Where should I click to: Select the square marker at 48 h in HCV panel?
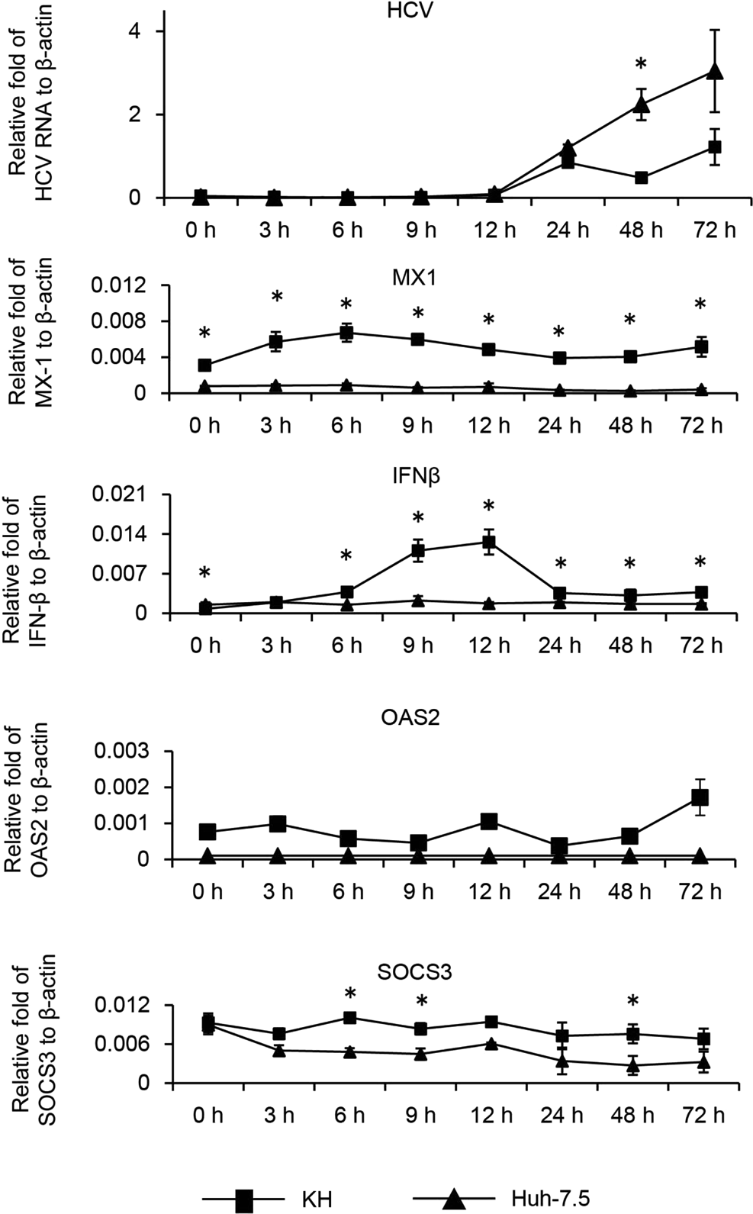click(642, 178)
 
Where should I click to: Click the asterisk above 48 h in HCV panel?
click(641, 65)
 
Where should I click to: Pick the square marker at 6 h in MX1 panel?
click(346, 333)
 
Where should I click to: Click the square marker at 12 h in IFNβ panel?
click(489, 542)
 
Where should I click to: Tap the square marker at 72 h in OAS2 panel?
click(700, 797)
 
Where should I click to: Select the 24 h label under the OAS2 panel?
click(559, 891)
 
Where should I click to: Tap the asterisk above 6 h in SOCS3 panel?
click(349, 994)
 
